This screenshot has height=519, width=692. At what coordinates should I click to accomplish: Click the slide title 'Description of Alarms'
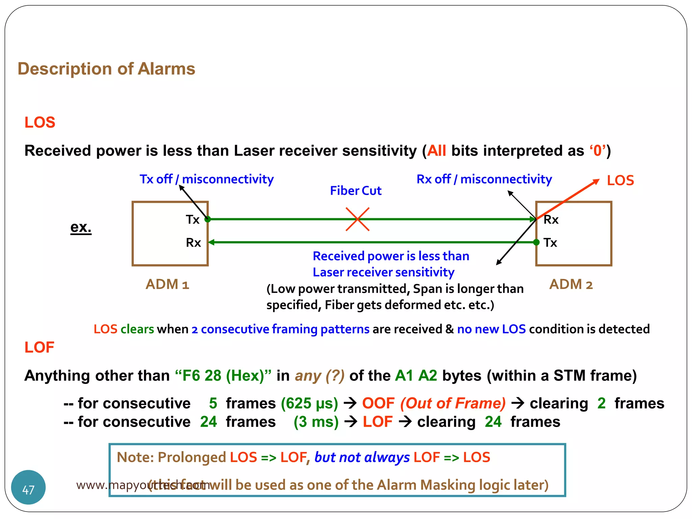106,69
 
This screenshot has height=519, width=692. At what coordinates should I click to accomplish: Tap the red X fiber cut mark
357,219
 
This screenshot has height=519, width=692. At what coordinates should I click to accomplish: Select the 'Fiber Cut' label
355,191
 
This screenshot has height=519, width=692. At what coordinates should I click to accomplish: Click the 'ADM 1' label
167,285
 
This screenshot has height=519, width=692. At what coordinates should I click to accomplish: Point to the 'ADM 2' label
571,285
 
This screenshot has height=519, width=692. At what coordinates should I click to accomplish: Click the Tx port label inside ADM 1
193,220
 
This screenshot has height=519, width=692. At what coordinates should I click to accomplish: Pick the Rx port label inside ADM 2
551,220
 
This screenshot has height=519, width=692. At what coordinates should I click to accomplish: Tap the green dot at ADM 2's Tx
536,242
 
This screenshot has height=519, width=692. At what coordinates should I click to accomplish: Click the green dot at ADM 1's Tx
208,219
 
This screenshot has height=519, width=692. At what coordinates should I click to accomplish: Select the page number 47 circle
28,487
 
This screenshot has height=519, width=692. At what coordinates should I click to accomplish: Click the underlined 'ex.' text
81,227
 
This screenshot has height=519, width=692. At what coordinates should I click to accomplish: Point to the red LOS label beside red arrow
620,181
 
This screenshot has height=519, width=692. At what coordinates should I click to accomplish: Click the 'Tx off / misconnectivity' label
206,179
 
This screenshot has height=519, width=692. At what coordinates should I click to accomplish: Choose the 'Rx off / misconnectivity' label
484,179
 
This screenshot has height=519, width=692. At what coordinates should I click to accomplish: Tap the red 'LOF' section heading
40,347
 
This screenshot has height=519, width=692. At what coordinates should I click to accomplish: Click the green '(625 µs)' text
310,403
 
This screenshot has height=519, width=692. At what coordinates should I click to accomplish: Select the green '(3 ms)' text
316,422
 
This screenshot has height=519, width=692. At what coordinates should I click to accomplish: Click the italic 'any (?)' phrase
320,376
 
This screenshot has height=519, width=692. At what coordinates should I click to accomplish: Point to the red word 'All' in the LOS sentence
437,151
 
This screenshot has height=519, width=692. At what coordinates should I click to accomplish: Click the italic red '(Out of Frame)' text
453,403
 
